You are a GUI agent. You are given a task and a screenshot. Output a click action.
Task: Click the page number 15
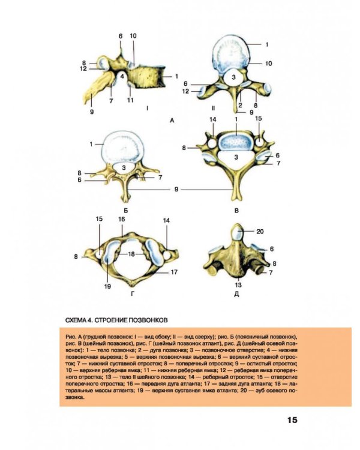click(x=292, y=420)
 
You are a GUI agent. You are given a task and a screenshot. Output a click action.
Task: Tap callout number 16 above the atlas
click(x=121, y=220)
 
